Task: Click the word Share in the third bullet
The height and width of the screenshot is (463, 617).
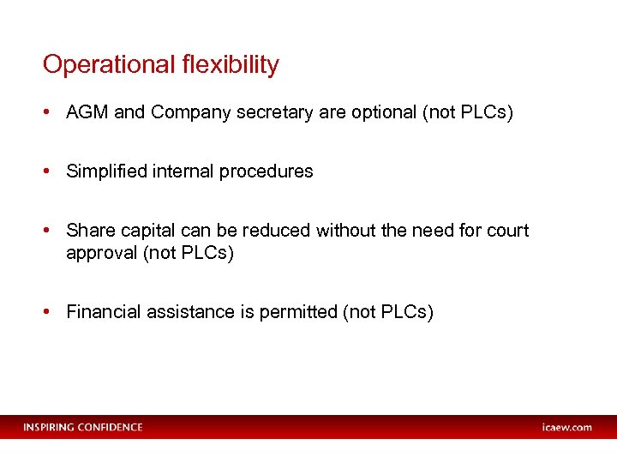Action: point(87,231)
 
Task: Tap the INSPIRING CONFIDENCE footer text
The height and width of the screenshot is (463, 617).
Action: point(83,427)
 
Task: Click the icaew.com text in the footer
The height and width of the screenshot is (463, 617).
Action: point(566,427)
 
